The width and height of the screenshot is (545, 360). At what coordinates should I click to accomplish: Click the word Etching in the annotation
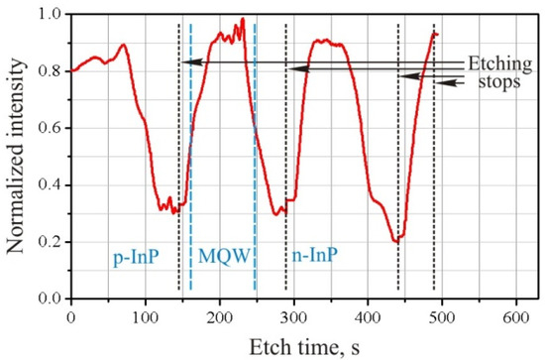[x=495, y=60]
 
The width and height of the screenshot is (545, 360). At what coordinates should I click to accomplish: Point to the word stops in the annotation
[x=497, y=82]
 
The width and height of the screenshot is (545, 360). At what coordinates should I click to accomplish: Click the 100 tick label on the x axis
[x=145, y=314]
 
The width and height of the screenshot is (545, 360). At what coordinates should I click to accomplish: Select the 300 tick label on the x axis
[x=293, y=314]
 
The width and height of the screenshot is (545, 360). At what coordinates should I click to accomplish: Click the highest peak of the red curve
[x=242, y=19]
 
